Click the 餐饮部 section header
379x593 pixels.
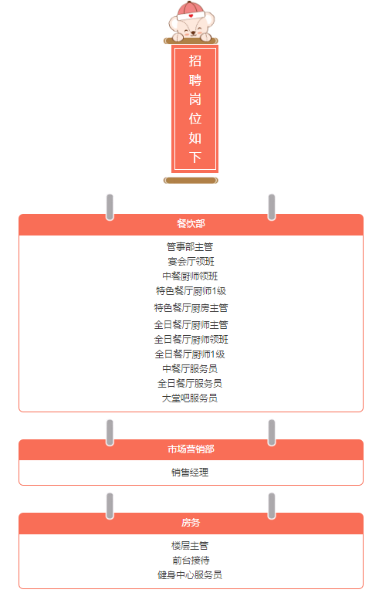point(191,223)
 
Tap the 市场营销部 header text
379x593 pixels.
point(191,449)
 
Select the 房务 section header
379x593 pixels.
point(191,523)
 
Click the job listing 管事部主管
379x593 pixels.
point(190,247)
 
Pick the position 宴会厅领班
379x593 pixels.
point(191,261)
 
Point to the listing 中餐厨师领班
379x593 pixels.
point(190,276)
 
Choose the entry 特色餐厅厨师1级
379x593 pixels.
point(191,291)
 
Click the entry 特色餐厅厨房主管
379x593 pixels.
point(191,308)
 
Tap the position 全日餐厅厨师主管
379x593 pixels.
point(191,325)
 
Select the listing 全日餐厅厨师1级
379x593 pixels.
point(190,354)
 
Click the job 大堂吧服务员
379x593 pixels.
point(190,398)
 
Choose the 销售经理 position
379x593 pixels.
point(190,473)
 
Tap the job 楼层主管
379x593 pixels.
point(190,546)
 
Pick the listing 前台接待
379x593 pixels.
point(191,561)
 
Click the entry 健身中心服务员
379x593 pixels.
point(190,575)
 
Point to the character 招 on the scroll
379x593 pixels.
point(195,60)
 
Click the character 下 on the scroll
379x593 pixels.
point(195,157)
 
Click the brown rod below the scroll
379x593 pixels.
point(191,181)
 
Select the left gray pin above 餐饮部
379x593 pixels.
point(110,207)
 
